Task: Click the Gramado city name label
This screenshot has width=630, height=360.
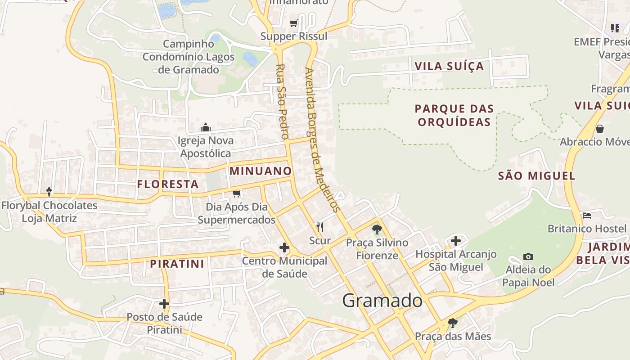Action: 382,301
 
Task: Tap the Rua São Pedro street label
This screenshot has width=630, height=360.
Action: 281,101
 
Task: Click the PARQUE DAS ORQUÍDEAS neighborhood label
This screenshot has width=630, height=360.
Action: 454,115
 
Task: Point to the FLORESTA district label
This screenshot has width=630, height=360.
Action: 168,184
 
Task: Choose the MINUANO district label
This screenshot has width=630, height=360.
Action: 261,171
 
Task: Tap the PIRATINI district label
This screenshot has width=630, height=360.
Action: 177,264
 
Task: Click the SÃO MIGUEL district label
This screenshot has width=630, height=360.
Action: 536,176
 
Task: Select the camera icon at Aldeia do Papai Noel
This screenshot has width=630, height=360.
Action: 528,257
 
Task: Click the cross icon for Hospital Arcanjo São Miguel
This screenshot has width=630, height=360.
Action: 456,241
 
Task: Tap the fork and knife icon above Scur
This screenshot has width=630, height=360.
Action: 320,227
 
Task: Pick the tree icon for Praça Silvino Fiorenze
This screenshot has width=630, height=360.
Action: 377,229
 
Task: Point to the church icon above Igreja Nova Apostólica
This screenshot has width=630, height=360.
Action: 206,127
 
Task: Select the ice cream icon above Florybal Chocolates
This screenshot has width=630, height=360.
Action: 49,192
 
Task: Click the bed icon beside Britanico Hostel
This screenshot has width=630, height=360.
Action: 586,216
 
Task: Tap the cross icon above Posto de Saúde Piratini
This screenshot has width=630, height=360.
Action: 164,304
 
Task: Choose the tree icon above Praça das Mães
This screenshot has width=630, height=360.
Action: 452,323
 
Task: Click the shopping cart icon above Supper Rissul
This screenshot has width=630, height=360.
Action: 294,23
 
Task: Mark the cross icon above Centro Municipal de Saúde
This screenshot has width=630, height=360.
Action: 284,247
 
